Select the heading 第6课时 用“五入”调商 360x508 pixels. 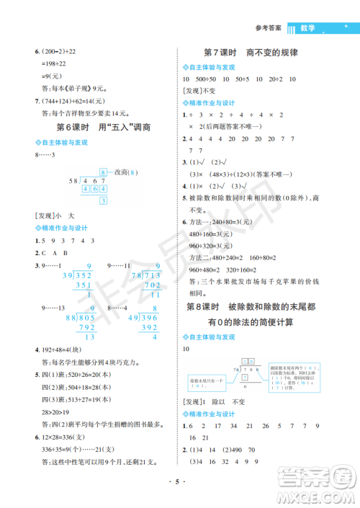pyautogui.click(x=94, y=127)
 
